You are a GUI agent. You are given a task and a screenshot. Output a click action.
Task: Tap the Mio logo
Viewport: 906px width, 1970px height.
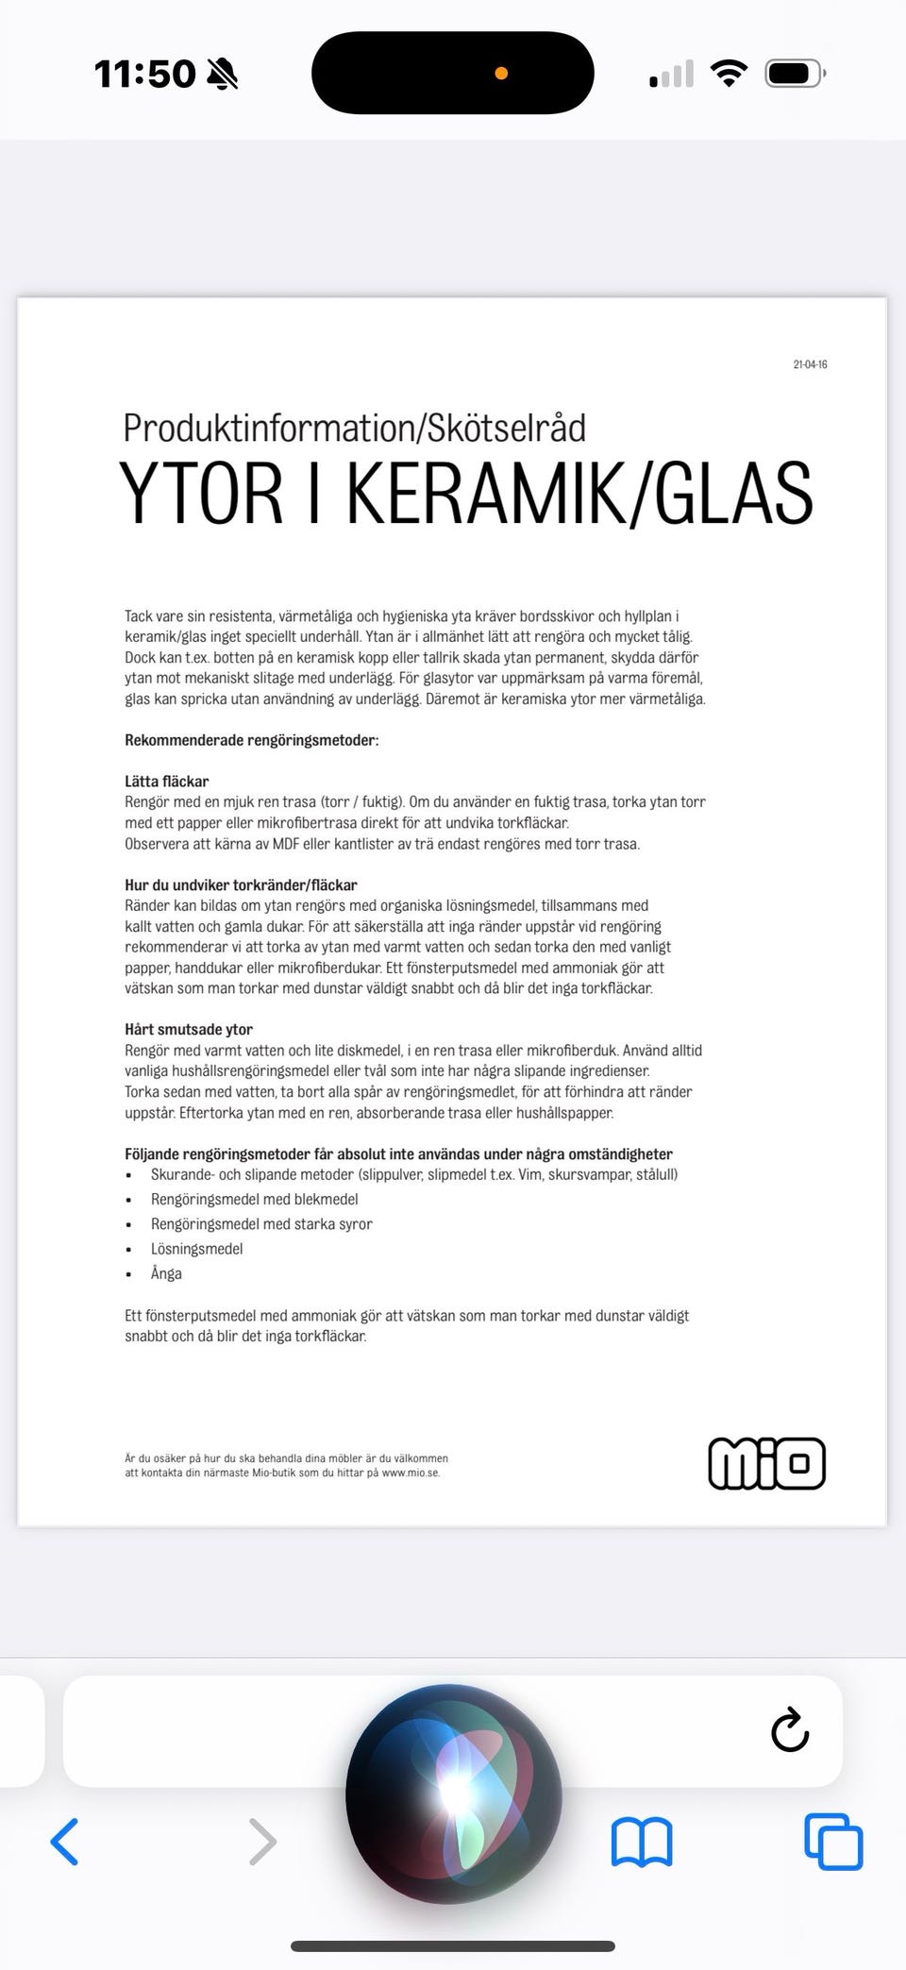766,1463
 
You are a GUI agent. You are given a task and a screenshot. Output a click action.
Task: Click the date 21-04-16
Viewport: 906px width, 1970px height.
810,364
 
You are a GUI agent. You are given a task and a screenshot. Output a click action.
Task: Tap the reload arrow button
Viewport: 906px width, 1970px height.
790,1730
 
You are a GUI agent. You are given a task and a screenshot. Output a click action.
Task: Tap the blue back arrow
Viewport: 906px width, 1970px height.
64,1842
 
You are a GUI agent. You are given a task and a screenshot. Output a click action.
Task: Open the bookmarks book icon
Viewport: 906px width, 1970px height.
642,1842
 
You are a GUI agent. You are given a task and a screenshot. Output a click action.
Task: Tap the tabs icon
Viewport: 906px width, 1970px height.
833,1842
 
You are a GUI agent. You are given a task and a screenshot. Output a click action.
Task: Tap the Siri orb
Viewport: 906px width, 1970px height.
453,1793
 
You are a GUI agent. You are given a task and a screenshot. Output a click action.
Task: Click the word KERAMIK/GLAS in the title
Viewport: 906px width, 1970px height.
579,494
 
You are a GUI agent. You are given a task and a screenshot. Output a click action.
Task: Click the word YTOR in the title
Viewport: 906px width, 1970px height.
201,494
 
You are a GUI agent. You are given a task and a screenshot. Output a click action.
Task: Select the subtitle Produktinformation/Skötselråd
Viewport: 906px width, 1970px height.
354,428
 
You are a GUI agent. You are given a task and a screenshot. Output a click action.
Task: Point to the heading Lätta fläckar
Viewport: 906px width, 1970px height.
166,782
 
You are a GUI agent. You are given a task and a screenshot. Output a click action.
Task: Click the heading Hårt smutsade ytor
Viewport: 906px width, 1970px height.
189,1030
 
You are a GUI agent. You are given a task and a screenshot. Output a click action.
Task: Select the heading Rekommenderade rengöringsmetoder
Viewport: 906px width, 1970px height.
251,740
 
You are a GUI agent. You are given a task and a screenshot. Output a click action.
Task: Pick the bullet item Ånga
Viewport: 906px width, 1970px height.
166,1273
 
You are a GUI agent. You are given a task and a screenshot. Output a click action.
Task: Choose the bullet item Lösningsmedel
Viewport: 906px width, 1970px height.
196,1249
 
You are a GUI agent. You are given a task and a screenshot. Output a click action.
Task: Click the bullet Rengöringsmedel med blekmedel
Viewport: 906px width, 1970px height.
254,1199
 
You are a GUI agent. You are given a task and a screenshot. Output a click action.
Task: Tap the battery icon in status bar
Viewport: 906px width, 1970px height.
795,74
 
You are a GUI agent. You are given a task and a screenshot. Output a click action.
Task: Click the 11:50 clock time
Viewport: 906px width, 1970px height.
144,74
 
